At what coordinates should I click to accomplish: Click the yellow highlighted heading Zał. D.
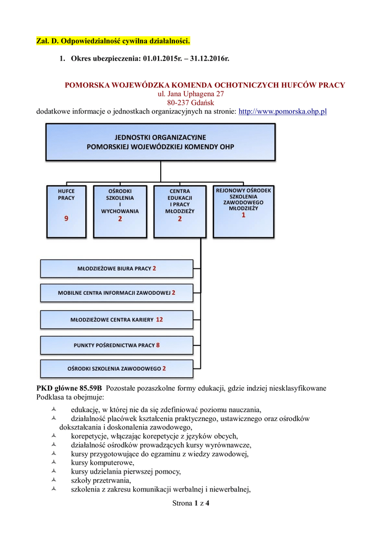[113, 41]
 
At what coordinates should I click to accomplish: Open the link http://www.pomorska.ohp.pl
[283, 112]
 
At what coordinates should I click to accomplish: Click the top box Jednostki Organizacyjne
[160, 142]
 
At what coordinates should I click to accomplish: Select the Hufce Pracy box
[66, 211]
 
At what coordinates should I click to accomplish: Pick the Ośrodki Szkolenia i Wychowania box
[120, 211]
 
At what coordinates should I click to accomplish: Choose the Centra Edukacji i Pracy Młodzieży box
[180, 211]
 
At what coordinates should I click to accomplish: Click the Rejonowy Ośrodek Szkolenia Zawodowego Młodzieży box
[243, 211]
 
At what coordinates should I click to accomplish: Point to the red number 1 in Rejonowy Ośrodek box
[243, 215]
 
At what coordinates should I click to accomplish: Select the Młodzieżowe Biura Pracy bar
[116, 268]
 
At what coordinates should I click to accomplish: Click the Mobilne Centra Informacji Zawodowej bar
[116, 292]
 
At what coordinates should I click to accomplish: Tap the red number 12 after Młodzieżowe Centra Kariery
[159, 320]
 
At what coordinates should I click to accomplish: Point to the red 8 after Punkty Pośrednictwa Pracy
[158, 345]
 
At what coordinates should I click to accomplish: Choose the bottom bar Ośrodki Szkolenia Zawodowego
[116, 369]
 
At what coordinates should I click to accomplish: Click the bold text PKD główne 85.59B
[69, 388]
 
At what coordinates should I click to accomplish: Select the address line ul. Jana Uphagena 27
[191, 94]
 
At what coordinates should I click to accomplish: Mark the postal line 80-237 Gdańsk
[191, 103]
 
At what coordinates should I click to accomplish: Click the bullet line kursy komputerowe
[99, 463]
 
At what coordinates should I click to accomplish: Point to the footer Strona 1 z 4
[191, 504]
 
